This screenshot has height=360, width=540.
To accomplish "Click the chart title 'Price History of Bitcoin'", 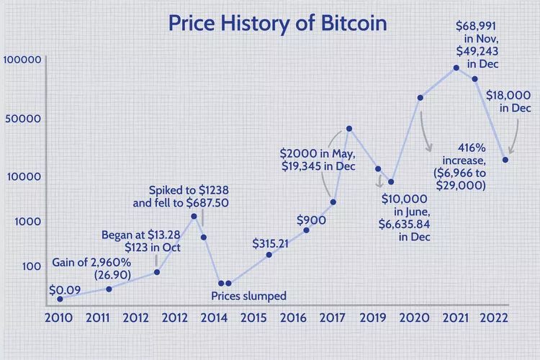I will tap(277, 23).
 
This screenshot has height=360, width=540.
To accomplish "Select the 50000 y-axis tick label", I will tap(23, 119).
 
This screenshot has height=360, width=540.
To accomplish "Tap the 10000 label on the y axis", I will tap(23, 176).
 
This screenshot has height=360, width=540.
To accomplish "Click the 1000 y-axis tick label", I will tap(26, 222).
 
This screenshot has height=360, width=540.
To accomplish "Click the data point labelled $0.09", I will tap(60, 298).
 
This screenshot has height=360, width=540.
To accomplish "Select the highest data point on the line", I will tap(456, 68).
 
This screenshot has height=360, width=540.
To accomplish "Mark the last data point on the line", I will tap(505, 159).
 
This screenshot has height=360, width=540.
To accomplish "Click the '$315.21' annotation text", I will tap(270, 243).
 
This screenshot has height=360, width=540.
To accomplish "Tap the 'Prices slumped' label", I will tap(248, 296).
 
